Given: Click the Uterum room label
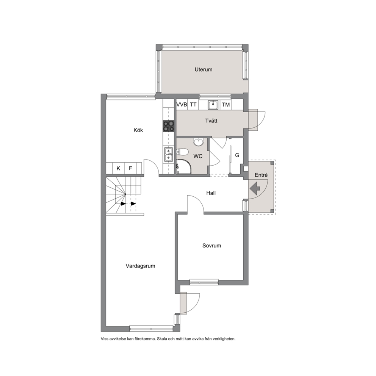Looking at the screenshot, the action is [x=203, y=69].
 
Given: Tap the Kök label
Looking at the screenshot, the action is [x=138, y=130].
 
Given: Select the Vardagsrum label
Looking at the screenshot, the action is [x=140, y=266].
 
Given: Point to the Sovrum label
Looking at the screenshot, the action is [x=211, y=246].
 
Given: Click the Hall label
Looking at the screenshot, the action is [x=211, y=193].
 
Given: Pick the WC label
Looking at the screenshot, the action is [x=198, y=156].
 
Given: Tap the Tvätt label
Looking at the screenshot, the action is [x=211, y=121].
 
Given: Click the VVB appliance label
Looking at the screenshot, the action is [x=182, y=105].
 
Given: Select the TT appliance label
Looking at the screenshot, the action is [x=193, y=105].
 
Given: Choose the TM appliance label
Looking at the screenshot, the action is [x=226, y=105].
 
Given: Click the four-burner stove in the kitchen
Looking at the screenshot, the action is [x=169, y=126].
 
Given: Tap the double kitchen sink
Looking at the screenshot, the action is [x=169, y=154].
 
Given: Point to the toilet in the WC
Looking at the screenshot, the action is [x=182, y=152].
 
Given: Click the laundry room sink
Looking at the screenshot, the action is [x=213, y=105].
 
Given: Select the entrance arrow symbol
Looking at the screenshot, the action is [x=255, y=188].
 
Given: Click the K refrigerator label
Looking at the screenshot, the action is [x=118, y=168].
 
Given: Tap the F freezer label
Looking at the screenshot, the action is [x=130, y=168].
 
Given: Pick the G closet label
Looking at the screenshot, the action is [x=237, y=155].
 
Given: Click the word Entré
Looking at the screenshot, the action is [x=261, y=175].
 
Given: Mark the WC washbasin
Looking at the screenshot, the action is [x=198, y=142].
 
